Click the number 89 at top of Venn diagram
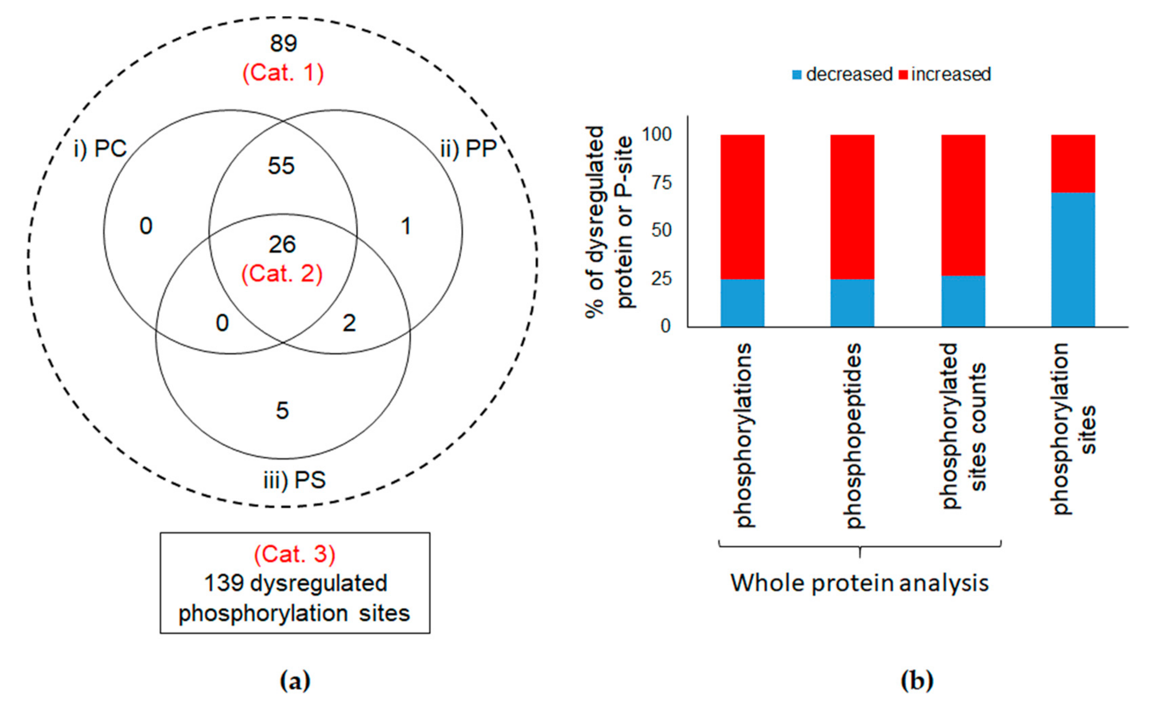click(283, 43)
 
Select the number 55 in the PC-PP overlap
click(281, 166)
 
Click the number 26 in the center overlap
click(282, 244)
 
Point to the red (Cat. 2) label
click(282, 274)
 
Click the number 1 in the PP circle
click(406, 226)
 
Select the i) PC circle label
click(101, 149)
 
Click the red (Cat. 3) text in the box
click(294, 554)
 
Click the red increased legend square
click(903, 75)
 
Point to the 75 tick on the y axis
click(661, 182)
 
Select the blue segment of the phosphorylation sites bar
click(1073, 259)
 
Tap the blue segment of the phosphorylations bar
click(742, 303)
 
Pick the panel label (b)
click(916, 681)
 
